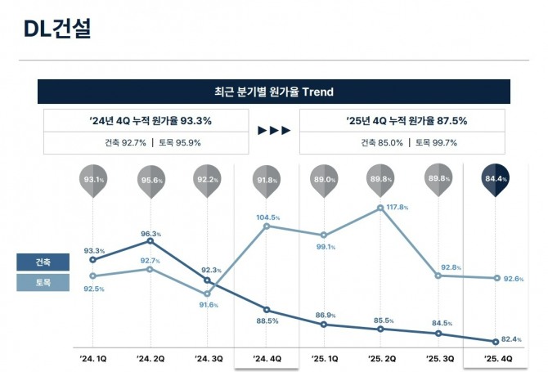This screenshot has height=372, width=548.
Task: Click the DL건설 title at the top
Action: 57,29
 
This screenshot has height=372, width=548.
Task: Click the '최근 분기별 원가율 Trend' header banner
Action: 273,92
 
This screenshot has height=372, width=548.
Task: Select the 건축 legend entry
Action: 42,262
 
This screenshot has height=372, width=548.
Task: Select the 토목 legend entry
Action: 42,283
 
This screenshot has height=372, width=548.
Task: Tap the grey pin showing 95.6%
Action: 152,181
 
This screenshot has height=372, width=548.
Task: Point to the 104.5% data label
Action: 268,218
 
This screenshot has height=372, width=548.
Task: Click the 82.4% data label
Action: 511,339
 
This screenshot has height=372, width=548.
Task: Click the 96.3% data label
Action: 149,235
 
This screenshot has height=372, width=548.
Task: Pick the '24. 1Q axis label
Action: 93,358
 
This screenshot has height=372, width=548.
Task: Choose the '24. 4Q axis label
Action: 267,358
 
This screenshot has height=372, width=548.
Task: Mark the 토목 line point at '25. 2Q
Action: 381,208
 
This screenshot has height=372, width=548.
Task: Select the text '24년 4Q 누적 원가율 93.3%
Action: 150,121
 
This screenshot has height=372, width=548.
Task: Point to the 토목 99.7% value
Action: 436,142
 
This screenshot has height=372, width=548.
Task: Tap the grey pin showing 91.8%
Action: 267,181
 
